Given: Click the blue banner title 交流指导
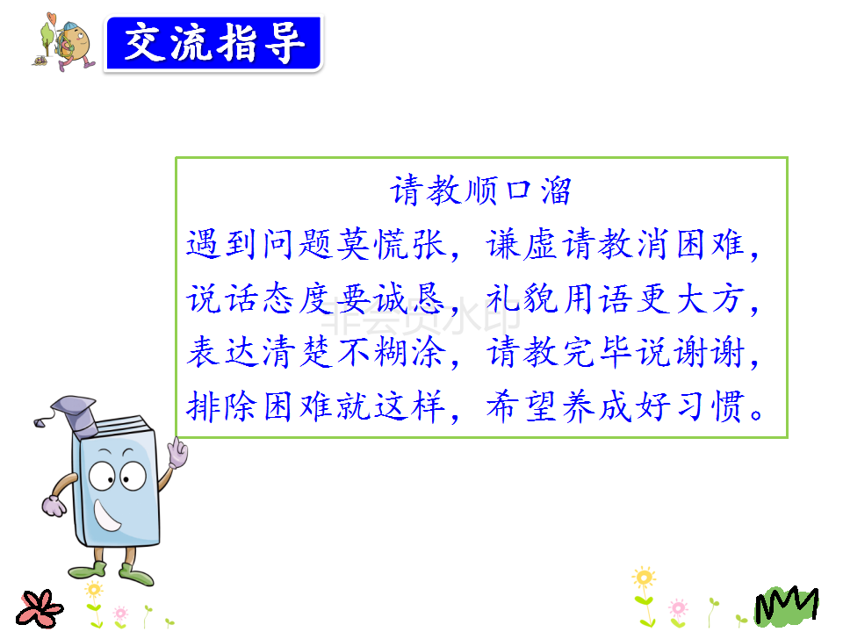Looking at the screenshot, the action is point(214,43).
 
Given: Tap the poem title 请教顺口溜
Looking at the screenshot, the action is point(480,190).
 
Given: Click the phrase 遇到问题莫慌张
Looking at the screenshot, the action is point(316,245).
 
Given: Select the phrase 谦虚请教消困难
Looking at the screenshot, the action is point(616,245).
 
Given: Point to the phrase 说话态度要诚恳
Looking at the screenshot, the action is point(316,298).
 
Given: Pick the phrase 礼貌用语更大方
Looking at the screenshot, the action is point(616,298).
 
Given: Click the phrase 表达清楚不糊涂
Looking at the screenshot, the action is point(316,352).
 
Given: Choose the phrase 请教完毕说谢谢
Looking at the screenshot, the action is point(616,352).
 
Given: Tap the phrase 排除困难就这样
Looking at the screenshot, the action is point(316,406).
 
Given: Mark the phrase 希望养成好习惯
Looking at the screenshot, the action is point(616,406).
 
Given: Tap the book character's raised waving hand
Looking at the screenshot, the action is point(177,453).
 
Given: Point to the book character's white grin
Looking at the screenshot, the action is point(106,515).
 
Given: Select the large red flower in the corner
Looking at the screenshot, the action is point(39,609).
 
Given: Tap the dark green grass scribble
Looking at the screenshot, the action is point(787,606).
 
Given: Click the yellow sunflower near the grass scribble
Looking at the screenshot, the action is point(644,578).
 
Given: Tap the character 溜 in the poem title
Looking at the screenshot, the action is point(555,190).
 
